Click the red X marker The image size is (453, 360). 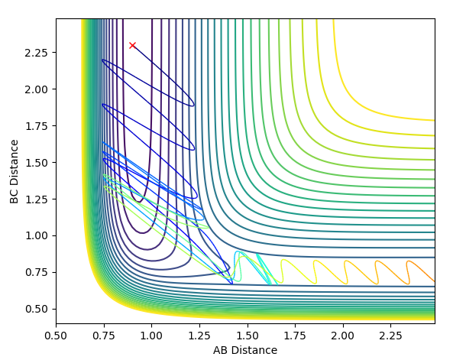pyautogui.click(x=132, y=45)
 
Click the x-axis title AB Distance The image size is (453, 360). pyautogui.click(x=245, y=350)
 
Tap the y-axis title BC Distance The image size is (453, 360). pyautogui.click(x=14, y=172)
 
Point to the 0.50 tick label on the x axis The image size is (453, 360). pyautogui.click(x=56, y=336)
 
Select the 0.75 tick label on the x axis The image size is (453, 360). pyautogui.click(x=104, y=336)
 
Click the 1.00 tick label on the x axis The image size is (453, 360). pyautogui.click(x=152, y=336)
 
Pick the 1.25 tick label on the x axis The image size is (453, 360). pyautogui.click(x=199, y=336)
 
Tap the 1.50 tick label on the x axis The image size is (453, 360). pyautogui.click(x=248, y=336)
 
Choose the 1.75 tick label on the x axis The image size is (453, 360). pyautogui.click(x=295, y=336)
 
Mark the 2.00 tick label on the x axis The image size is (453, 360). pyautogui.click(x=343, y=336)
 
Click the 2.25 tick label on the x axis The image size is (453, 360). pyautogui.click(x=390, y=336)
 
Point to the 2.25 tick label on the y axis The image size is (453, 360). pyautogui.click(x=36, y=53)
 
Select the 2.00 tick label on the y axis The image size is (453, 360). pyautogui.click(x=36, y=89)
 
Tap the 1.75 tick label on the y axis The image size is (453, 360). pyautogui.click(x=36, y=126)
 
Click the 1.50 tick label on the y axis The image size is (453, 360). pyautogui.click(x=36, y=163)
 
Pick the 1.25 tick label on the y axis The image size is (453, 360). pyautogui.click(x=36, y=199)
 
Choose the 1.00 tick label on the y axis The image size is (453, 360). pyautogui.click(x=36, y=236)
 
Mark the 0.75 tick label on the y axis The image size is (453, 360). pyautogui.click(x=36, y=272)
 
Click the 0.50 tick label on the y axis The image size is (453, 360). pyautogui.click(x=36, y=309)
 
